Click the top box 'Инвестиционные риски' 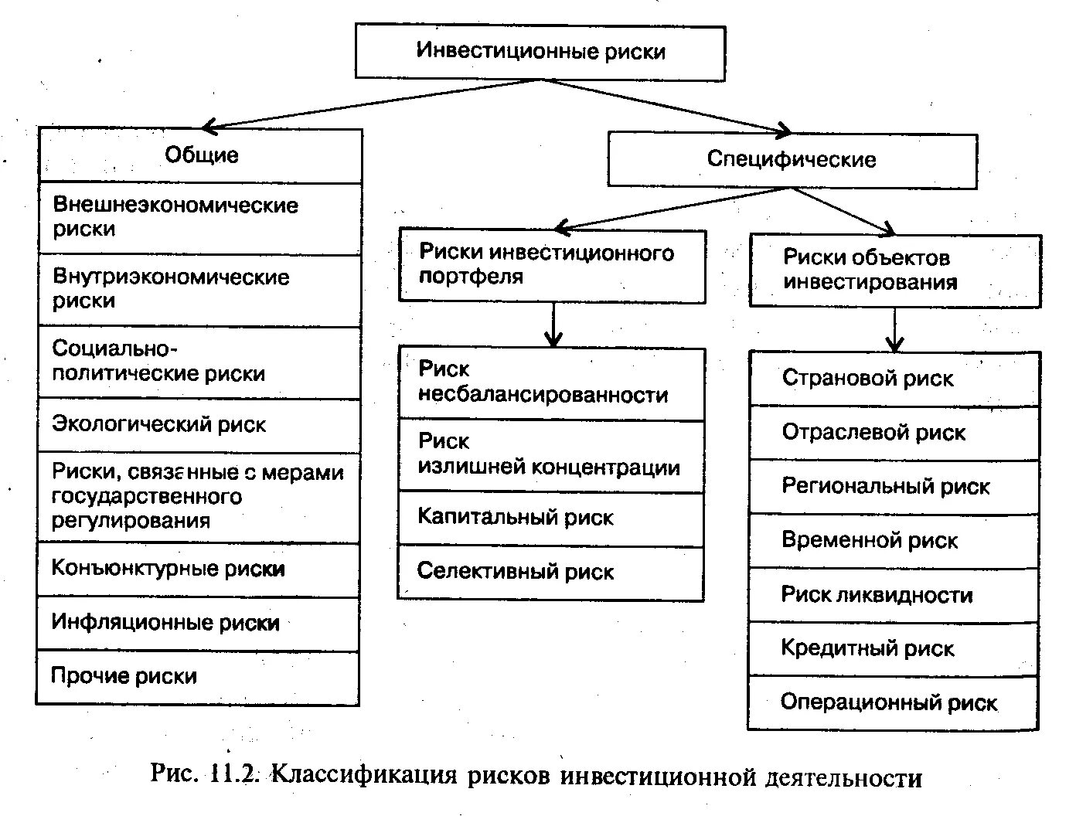(x=540, y=52)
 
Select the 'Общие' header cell (x=201, y=155)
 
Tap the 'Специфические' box (x=792, y=160)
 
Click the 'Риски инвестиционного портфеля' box (x=552, y=265)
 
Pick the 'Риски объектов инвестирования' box (x=895, y=270)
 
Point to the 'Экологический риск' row (x=199, y=425)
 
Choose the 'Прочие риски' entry (x=198, y=677)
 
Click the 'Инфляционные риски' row (x=199, y=623)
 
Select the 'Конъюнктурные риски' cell (x=199, y=569)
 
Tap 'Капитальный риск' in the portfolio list (x=551, y=518)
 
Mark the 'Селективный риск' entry (x=551, y=573)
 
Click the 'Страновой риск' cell (x=894, y=379)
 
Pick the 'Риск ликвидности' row (x=894, y=595)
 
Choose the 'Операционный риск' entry (x=894, y=702)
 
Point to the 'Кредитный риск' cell (x=894, y=648)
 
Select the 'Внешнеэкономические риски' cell (x=199, y=218)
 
